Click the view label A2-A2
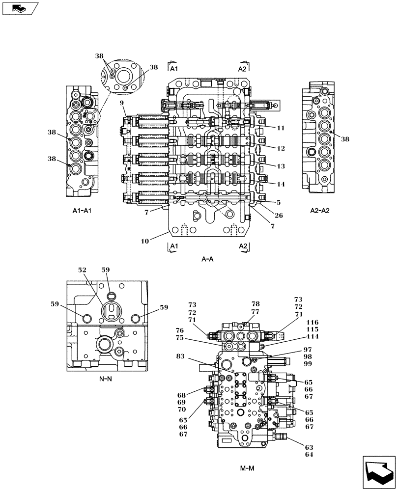pyautogui.click(x=320, y=210)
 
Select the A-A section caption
pyautogui.click(x=207, y=259)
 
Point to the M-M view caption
pyautogui.click(x=248, y=468)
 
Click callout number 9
pyautogui.click(x=121, y=103)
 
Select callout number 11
pyautogui.click(x=281, y=128)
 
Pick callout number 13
pyautogui.click(x=281, y=166)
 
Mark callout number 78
pyautogui.click(x=255, y=304)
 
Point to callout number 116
pyautogui.click(x=313, y=322)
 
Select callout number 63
pyautogui.click(x=309, y=447)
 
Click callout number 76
pyautogui.click(x=180, y=330)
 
